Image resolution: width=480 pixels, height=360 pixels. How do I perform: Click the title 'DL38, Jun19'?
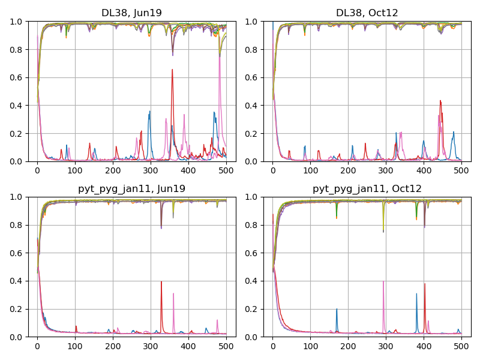tap(131, 13)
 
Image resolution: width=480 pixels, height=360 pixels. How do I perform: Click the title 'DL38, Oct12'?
tap(367, 13)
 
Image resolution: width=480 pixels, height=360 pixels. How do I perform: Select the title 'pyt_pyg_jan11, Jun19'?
tap(131, 188)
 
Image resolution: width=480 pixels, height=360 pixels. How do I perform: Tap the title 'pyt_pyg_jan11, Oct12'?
tap(367, 188)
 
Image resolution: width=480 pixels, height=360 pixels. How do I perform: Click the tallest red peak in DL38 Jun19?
tap(172, 70)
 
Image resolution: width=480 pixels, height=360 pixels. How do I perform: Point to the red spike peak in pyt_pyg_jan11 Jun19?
tap(161, 281)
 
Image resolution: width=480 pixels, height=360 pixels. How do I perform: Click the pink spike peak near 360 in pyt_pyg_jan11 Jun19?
tap(173, 293)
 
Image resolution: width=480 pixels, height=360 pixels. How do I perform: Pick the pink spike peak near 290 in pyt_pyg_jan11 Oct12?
tap(383, 281)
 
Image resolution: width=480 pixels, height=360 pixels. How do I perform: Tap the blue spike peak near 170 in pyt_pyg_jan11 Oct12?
tap(337, 309)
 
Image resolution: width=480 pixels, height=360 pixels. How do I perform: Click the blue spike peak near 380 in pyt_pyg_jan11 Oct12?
tap(416, 293)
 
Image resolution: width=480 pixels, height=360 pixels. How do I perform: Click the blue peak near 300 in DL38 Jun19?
tap(150, 111)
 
